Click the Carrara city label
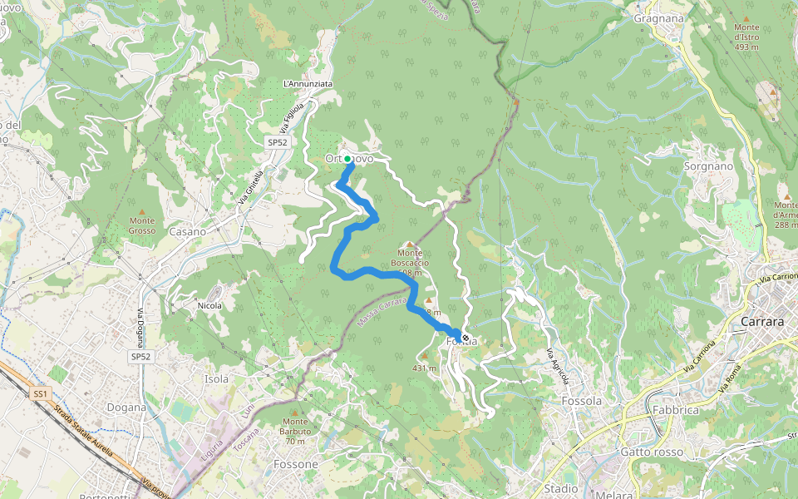coord(761,321)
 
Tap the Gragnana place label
coord(658,17)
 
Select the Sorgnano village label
coord(708,166)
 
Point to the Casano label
coord(187,232)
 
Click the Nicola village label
coord(209,306)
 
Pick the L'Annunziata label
coord(308,84)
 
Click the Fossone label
coord(296,463)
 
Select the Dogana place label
coord(126,408)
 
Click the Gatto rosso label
coord(652,452)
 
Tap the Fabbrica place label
coord(675,410)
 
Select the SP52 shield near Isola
coord(140,356)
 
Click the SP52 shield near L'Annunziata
coord(277,143)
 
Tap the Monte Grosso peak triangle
coord(142,211)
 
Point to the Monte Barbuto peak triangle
coord(294,412)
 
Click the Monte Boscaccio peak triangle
coord(409,244)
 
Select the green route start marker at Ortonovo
coord(347,158)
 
